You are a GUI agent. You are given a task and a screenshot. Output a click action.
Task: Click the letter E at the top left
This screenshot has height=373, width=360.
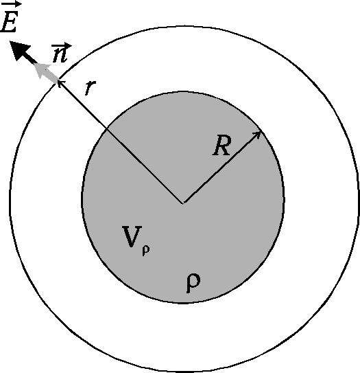(9, 23)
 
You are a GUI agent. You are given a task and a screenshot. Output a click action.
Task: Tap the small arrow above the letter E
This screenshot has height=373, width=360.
(12, 5)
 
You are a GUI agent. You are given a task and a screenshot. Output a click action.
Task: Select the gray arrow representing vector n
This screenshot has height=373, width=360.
(46, 72)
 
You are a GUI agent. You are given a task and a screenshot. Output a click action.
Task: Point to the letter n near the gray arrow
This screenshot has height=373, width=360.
(60, 56)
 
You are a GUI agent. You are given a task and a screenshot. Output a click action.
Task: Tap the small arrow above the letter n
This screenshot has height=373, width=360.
(62, 45)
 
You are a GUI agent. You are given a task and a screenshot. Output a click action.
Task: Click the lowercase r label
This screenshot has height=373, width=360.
(91, 87)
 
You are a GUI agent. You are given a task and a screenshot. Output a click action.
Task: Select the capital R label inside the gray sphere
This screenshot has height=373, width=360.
(222, 146)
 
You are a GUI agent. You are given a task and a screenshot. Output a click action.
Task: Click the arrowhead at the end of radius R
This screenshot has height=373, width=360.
(257, 135)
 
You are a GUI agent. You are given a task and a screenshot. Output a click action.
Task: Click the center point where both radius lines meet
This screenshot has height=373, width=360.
(183, 203)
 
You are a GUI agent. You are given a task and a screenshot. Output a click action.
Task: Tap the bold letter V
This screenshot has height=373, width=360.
(132, 237)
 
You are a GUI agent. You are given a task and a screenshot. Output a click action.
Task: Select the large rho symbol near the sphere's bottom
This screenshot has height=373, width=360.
(193, 282)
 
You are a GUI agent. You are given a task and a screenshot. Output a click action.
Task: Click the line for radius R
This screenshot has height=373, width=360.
(222, 167)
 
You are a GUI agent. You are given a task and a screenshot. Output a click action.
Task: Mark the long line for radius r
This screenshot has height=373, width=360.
(121, 142)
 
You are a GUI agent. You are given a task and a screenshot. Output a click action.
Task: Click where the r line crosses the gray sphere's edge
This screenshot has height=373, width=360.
(106, 128)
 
